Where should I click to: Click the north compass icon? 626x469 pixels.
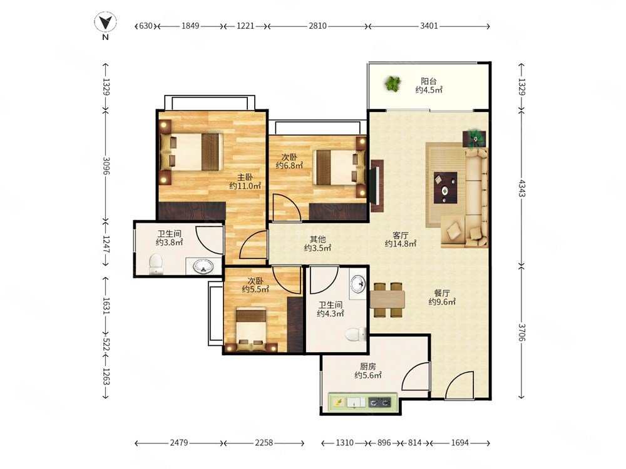tap(105, 23)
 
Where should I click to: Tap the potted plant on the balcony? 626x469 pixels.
tap(393, 84)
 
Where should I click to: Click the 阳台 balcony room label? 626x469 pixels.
tap(428, 81)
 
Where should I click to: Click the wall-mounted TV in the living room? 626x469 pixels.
tap(376, 186)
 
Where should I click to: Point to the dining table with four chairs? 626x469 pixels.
tap(387, 300)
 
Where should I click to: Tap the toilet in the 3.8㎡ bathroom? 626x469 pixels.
tap(156, 265)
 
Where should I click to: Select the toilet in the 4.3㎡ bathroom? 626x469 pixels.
tap(356, 334)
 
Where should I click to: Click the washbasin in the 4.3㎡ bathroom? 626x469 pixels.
tap(357, 284)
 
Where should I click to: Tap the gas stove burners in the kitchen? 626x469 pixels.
tap(379, 402)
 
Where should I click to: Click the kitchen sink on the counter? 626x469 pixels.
tap(356, 402)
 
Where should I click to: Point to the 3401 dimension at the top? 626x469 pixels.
tap(429, 26)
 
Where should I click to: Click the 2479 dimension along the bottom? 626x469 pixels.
tap(179, 443)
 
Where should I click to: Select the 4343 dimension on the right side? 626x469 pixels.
tap(522, 188)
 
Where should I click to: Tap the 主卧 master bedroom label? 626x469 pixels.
tap(245, 177)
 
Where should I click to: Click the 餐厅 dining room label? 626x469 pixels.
tap(442, 293)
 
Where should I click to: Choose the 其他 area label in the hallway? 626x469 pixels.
tap(318, 240)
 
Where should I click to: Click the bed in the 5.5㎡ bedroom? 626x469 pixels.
tap(251, 330)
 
